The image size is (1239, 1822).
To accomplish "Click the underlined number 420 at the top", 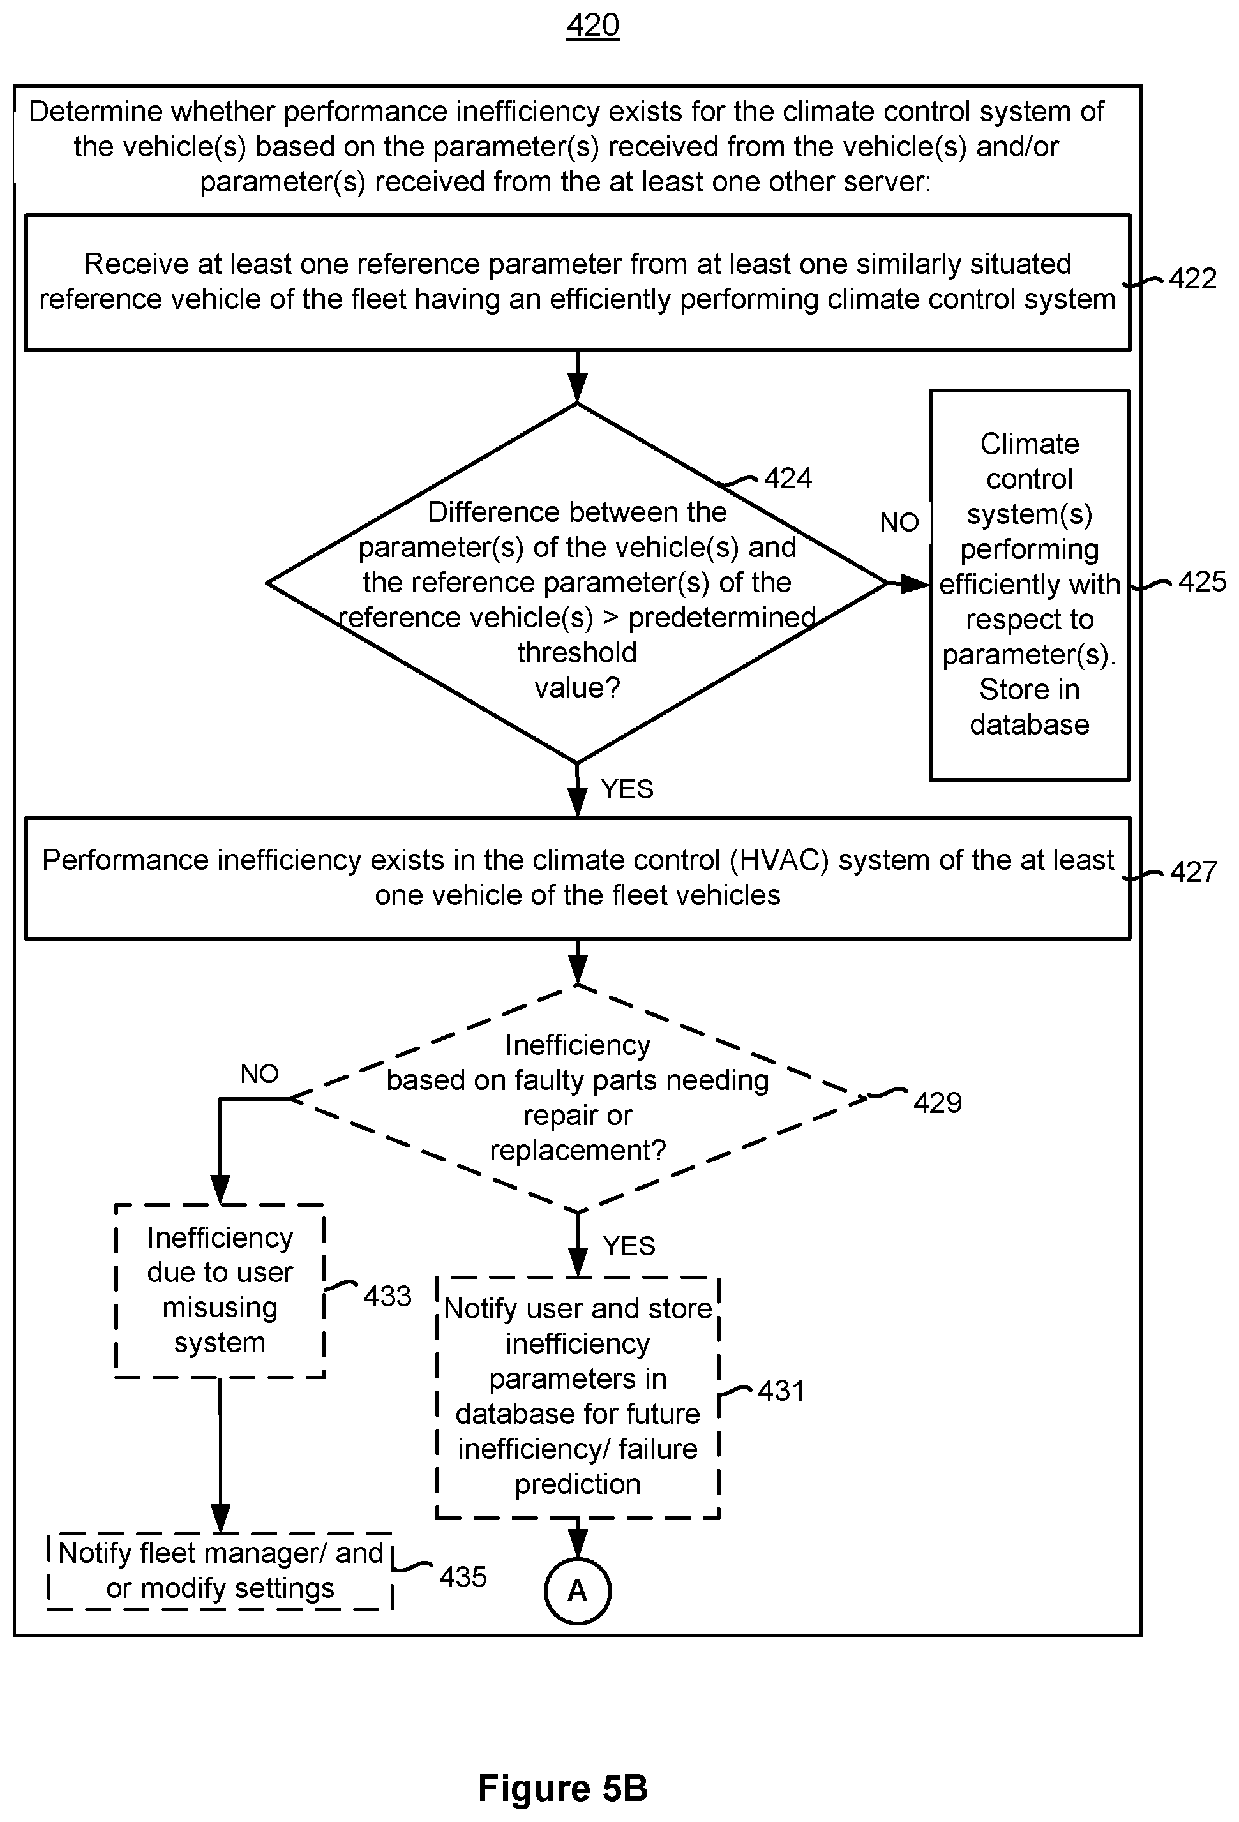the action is [593, 26].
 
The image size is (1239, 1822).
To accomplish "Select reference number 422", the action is [1192, 279].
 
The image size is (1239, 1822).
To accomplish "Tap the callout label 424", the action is [788, 478].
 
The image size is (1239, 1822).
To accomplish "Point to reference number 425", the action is [1202, 582].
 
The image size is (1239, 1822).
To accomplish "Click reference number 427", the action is [1193, 872].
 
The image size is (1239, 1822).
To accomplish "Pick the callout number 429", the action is [937, 1103].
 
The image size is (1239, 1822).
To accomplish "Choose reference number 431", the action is [781, 1391].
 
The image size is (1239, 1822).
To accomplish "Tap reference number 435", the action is [463, 1576].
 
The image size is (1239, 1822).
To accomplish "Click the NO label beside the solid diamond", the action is [899, 522].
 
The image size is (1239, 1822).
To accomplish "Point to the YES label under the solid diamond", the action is [627, 789].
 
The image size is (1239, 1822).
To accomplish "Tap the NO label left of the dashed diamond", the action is [260, 1073].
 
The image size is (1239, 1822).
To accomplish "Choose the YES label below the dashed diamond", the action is [629, 1246].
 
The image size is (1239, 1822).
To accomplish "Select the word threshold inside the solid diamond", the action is [577, 652].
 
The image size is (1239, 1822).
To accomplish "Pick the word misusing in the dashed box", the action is [220, 1308].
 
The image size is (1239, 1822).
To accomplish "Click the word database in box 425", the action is [1029, 724].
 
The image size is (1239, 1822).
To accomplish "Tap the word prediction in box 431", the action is [577, 1484].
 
